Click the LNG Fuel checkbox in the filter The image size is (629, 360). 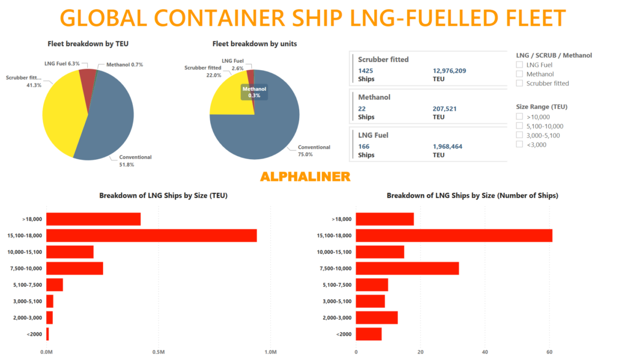coord(520,65)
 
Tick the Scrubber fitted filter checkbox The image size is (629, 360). coord(520,83)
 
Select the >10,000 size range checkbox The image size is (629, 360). coord(520,117)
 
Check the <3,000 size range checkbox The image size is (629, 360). coord(520,144)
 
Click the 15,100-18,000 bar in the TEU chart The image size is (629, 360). coord(151,235)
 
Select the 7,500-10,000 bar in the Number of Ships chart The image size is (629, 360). coord(407,268)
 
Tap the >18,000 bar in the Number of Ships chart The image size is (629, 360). coord(385,219)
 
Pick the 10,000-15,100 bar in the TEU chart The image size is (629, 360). coord(70,252)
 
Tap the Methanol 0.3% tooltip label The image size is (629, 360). coord(255,92)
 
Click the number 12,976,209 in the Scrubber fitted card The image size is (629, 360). coord(450,71)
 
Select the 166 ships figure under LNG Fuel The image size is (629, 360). coord(364,146)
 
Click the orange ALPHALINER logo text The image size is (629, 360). coord(305,177)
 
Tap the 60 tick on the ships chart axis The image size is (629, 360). coord(549,352)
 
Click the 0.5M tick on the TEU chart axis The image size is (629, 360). coord(158,352)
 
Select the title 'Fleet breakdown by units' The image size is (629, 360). coord(255,44)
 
